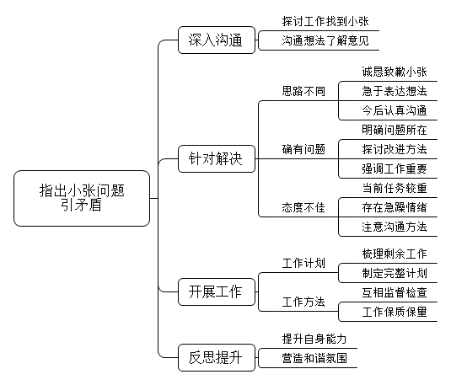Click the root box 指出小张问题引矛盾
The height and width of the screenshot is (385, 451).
(82, 198)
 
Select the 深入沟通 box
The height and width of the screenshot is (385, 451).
(217, 40)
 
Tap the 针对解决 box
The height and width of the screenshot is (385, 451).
(217, 158)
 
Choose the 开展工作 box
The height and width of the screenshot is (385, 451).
(217, 291)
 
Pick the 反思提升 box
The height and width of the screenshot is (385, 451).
(217, 358)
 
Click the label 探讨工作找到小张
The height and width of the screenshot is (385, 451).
(325, 22)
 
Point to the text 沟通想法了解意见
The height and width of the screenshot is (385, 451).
(325, 40)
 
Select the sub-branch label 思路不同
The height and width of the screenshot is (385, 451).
(303, 92)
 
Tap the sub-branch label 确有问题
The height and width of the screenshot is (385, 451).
(303, 149)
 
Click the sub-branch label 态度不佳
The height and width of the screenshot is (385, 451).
(303, 207)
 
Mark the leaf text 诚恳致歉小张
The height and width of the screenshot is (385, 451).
(395, 72)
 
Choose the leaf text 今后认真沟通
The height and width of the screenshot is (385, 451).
(395, 110)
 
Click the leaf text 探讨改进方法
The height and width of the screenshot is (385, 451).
(395, 149)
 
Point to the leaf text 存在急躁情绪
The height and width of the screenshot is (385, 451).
(395, 207)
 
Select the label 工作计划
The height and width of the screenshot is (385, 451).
(303, 263)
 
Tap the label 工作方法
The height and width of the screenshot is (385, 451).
(303, 302)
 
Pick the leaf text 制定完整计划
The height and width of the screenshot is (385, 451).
(395, 273)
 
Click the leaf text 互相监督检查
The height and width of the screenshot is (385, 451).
(395, 292)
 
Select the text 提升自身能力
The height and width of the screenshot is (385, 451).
(314, 339)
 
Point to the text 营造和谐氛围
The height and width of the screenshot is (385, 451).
(314, 359)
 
